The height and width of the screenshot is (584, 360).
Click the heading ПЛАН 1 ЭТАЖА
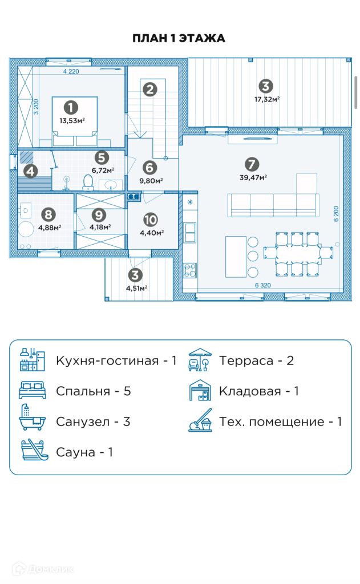click(x=179, y=39)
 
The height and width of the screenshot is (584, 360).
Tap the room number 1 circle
click(x=71, y=107)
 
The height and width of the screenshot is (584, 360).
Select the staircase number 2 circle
click(x=149, y=89)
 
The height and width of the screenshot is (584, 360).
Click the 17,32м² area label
click(x=266, y=99)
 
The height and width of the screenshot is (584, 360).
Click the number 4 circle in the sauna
click(x=30, y=170)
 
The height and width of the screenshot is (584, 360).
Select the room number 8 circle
click(x=49, y=214)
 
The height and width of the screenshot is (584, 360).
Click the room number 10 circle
click(x=151, y=220)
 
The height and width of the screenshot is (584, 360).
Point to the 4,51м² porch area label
click(x=137, y=288)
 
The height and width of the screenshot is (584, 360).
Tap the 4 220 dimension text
click(x=71, y=72)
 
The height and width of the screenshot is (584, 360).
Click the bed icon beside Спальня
click(x=33, y=391)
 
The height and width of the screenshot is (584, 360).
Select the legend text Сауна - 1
click(x=84, y=452)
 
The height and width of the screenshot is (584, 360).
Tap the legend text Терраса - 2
click(x=256, y=360)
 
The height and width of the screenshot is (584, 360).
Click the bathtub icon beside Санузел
click(x=33, y=421)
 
